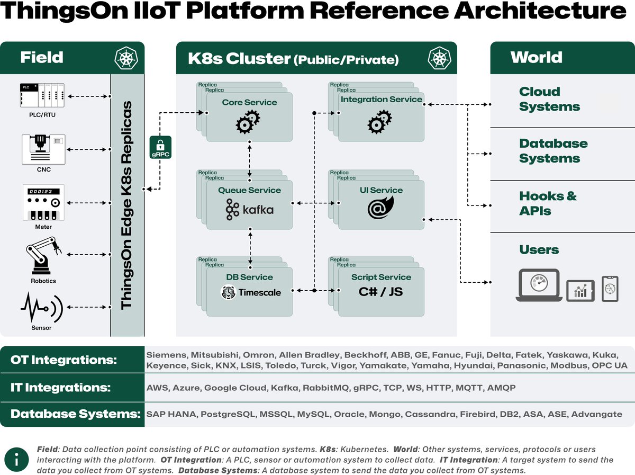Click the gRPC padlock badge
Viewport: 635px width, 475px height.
pyautogui.click(x=160, y=147)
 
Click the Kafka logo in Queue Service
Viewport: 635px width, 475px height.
pyautogui.click(x=250, y=210)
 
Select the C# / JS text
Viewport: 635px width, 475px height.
pyautogui.click(x=381, y=292)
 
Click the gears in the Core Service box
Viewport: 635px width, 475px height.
pyautogui.click(x=248, y=122)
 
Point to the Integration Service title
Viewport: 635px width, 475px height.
pyautogui.click(x=381, y=99)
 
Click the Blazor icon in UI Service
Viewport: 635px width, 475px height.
pyautogui.click(x=381, y=208)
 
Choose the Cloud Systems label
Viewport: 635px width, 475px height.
pyautogui.click(x=549, y=99)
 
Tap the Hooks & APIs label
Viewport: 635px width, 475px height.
pyautogui.click(x=547, y=203)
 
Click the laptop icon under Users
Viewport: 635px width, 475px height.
pyautogui.click(x=539, y=285)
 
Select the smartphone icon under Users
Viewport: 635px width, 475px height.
pyautogui.click(x=610, y=289)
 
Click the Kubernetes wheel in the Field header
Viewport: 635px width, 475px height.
pyautogui.click(x=126, y=57)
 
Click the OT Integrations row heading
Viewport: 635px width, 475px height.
pyautogui.click(x=63, y=360)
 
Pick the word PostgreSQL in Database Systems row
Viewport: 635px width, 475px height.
pyautogui.click(x=228, y=414)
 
